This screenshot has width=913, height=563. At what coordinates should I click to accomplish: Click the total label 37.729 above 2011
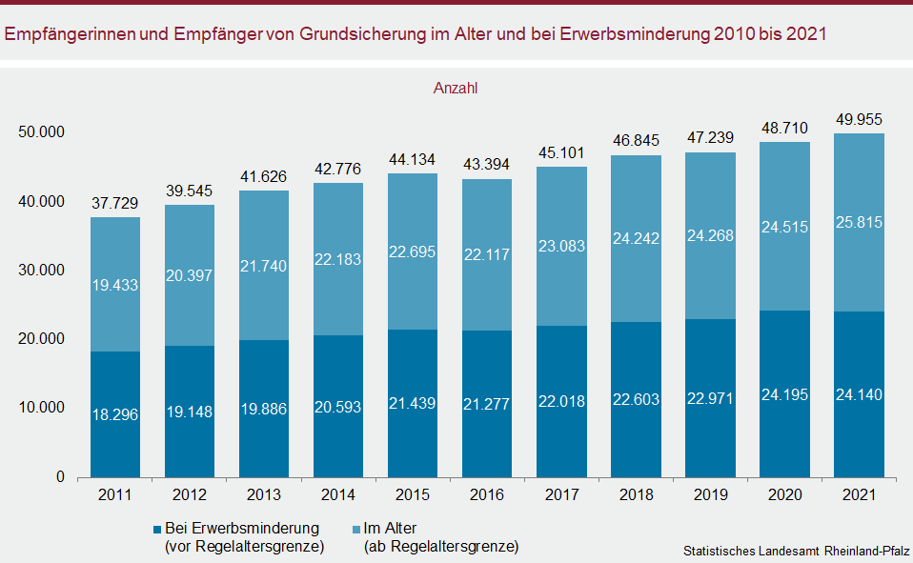(x=115, y=203)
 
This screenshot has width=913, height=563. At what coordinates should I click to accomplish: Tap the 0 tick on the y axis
(x=59, y=476)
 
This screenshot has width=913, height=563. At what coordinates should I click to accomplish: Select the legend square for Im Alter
(x=355, y=529)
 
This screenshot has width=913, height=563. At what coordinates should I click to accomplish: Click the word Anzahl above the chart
(x=456, y=89)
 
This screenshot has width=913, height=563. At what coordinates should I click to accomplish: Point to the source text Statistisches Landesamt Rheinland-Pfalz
(x=796, y=552)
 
